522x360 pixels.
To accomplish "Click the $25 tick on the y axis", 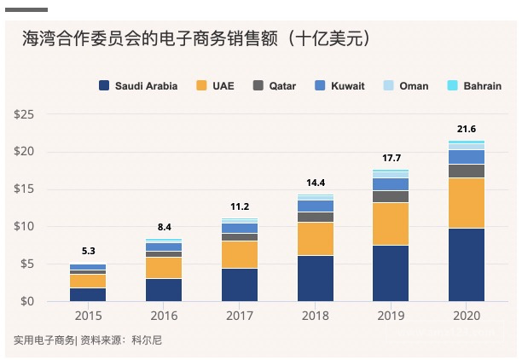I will pyautogui.click(x=23, y=114).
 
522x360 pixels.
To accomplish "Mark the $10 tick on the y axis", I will pyautogui.click(x=23, y=226).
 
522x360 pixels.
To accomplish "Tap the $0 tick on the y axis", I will pyautogui.click(x=26, y=301).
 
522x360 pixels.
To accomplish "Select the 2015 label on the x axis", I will pyautogui.click(x=88, y=316).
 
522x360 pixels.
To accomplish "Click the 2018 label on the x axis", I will pyautogui.click(x=316, y=316).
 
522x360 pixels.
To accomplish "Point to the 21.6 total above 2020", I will pyautogui.click(x=467, y=129).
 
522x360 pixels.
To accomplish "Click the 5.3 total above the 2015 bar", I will pyautogui.click(x=88, y=252).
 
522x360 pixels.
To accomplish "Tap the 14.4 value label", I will pyautogui.click(x=316, y=183).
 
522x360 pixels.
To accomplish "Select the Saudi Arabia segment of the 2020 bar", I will pyautogui.click(x=467, y=264).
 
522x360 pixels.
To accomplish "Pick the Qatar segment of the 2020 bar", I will pyautogui.click(x=467, y=171).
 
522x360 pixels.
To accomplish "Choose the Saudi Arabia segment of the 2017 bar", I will pyautogui.click(x=240, y=284).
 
